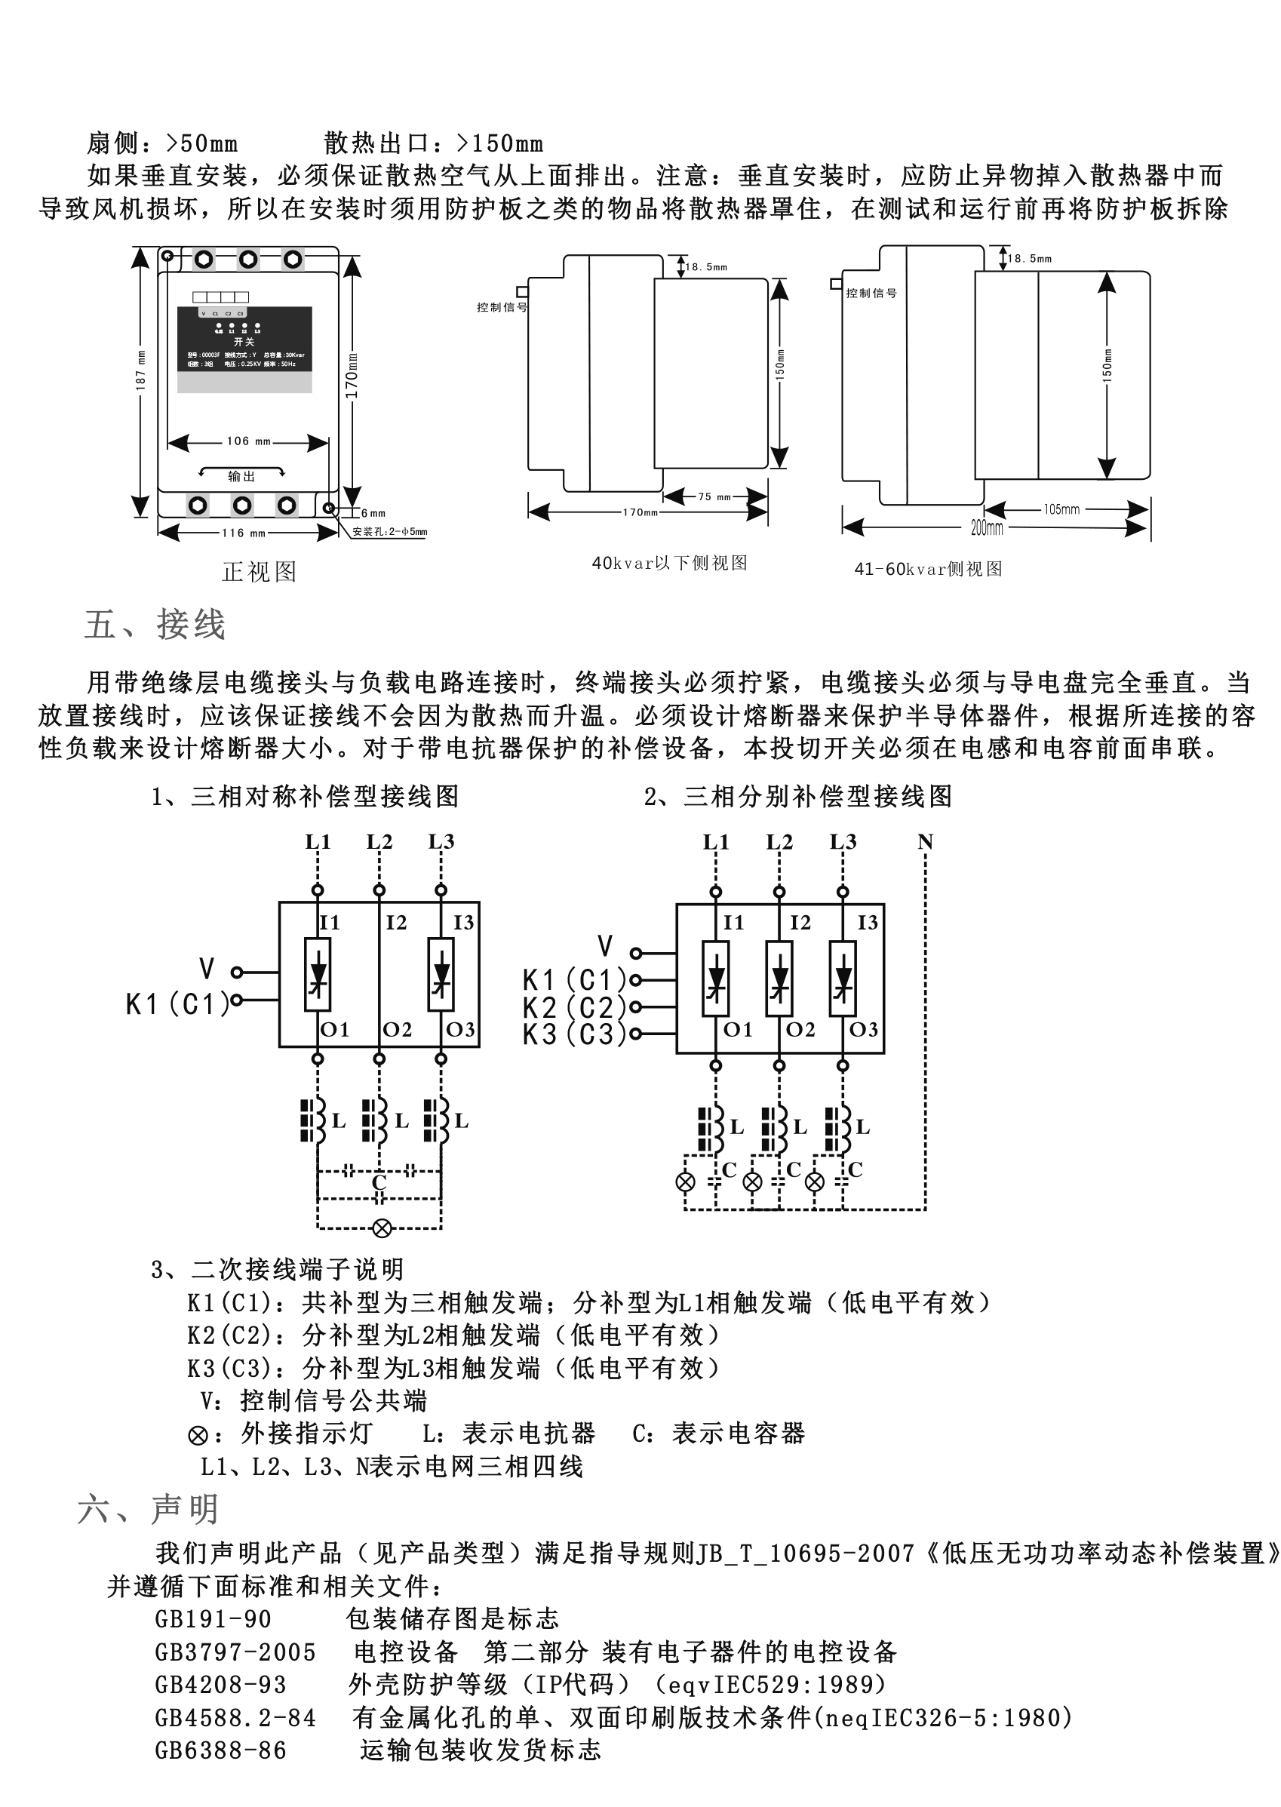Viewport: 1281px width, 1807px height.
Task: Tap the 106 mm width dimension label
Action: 248,441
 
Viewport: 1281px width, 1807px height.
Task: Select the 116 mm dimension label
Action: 244,533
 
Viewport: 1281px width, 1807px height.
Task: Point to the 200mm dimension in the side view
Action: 986,527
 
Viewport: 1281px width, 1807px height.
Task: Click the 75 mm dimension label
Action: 714,497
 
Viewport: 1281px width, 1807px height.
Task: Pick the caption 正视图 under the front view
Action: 260,572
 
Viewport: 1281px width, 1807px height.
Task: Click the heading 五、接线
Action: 155,625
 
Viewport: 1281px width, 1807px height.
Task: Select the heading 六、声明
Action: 148,1510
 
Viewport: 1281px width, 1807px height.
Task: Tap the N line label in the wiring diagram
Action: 925,842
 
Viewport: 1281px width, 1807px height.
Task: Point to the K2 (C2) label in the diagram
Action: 574,1007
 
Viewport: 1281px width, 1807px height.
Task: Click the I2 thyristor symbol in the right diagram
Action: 779,979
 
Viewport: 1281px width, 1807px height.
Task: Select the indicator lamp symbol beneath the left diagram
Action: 382,1228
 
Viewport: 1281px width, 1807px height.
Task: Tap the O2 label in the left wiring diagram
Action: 397,1029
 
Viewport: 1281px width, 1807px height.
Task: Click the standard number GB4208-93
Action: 221,1685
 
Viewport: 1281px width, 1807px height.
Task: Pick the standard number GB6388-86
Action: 221,1750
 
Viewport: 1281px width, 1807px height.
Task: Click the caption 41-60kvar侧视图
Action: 928,570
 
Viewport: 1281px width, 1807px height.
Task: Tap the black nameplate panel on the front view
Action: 244,340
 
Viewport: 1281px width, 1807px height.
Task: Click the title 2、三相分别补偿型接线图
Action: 797,797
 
